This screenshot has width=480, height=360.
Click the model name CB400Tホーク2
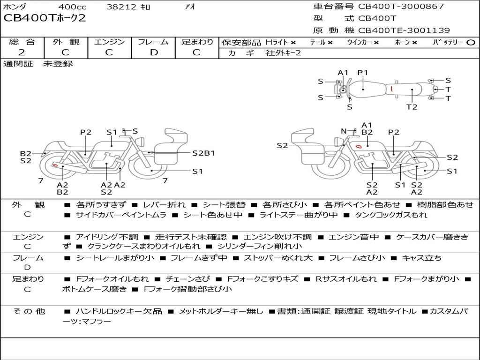45,19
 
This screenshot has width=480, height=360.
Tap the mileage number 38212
121,7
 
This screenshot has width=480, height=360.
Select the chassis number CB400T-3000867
401,7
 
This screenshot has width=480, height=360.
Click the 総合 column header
22,42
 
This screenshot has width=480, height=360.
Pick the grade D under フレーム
153,52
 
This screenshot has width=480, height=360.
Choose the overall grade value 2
22,52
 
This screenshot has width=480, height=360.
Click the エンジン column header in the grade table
109,42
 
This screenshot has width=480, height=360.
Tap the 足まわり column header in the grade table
197,42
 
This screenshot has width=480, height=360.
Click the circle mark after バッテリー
471,42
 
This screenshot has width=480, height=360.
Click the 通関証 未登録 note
38,64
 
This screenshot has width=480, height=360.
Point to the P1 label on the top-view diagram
363,72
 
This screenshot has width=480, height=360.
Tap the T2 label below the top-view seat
412,107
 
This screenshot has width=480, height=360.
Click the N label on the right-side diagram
344,131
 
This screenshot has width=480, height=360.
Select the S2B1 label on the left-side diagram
203,153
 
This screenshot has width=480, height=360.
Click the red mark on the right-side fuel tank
359,147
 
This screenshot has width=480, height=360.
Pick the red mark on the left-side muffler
55,165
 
